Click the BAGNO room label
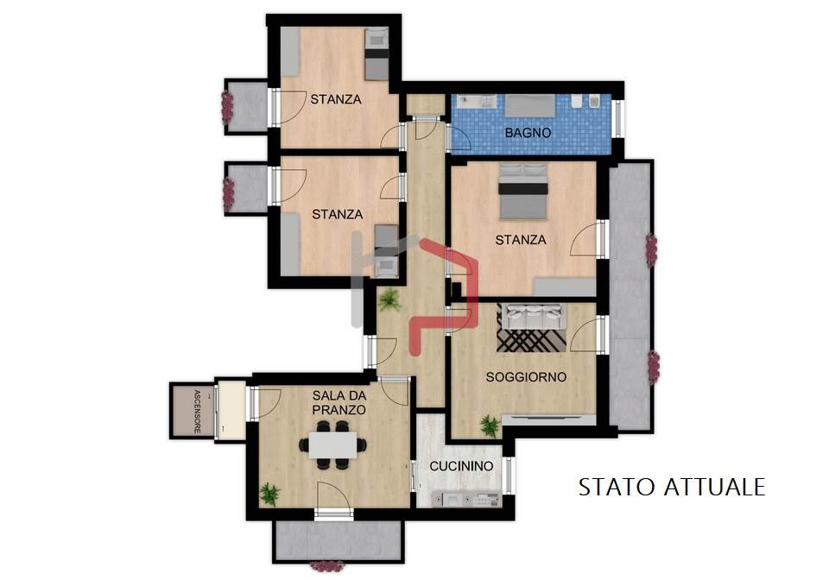[528, 133]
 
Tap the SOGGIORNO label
[526, 377]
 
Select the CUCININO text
[461, 466]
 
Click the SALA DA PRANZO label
[339, 403]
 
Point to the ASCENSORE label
[197, 412]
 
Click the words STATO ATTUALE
[672, 488]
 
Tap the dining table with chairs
[333, 445]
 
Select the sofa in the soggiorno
[531, 316]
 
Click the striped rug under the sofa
[531, 334]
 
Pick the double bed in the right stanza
[523, 191]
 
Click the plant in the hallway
[389, 300]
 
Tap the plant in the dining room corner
[270, 495]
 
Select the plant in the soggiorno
[489, 425]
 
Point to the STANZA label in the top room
[336, 99]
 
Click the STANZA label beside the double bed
[520, 240]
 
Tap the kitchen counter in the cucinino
[465, 500]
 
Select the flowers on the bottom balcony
[326, 567]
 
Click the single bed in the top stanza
[377, 54]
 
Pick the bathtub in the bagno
[529, 106]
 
